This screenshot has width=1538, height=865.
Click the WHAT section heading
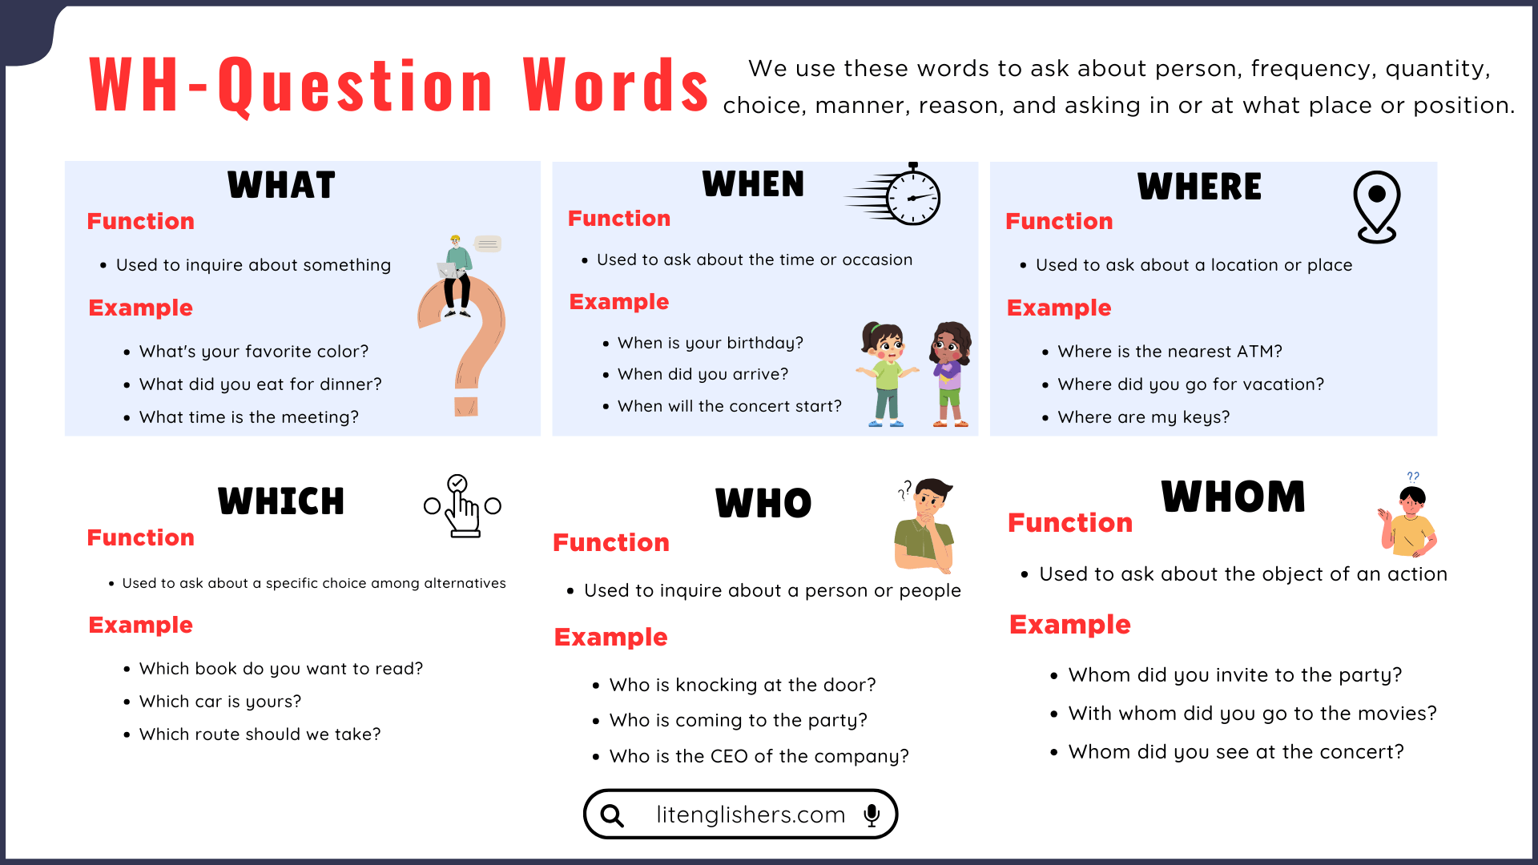[281, 185]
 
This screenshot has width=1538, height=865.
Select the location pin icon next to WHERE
[1376, 206]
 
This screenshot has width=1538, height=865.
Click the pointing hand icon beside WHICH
[462, 508]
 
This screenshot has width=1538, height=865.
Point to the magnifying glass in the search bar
[613, 815]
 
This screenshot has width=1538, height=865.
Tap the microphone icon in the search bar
[872, 815]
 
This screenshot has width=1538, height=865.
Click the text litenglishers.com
[751, 815]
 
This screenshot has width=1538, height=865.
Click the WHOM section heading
[1233, 497]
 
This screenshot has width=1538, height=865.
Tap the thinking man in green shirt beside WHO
[925, 526]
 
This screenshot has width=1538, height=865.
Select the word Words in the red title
[615, 85]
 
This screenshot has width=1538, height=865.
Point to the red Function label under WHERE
[1059, 221]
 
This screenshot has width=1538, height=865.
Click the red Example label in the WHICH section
[141, 625]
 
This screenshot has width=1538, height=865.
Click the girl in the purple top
[950, 375]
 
